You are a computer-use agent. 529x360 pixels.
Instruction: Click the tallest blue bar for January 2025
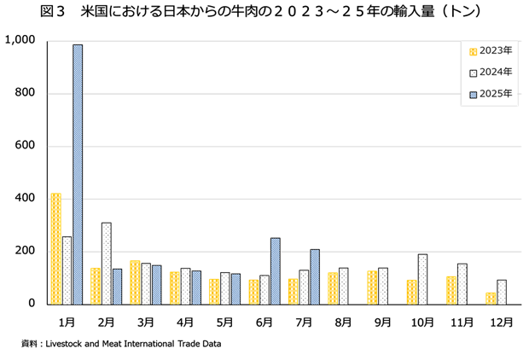click(x=78, y=174)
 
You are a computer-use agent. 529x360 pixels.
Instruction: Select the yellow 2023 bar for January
click(x=55, y=248)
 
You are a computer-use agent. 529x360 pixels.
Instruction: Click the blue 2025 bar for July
click(x=315, y=276)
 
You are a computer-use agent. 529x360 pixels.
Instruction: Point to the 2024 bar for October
click(x=422, y=279)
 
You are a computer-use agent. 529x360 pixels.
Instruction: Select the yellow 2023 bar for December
click(x=491, y=298)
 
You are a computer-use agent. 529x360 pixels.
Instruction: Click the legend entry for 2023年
click(x=490, y=50)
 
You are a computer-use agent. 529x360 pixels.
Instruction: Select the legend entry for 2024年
click(x=490, y=73)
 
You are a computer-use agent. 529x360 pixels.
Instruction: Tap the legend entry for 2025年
click(x=490, y=94)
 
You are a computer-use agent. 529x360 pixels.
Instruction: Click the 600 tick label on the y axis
click(x=26, y=146)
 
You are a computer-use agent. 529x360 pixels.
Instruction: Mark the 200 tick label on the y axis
click(x=26, y=251)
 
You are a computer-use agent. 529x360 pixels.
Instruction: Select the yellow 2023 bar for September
click(x=372, y=287)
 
